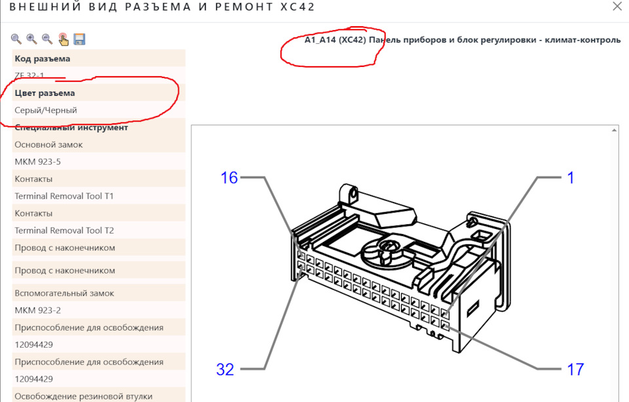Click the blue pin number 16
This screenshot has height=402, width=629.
click(229, 178)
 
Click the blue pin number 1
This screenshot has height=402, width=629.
click(571, 178)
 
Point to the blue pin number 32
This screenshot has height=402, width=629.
click(225, 369)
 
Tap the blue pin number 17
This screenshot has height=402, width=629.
click(575, 369)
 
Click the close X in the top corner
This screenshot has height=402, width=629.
click(617, 7)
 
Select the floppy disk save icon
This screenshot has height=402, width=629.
click(79, 39)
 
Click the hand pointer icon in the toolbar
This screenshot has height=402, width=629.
click(64, 39)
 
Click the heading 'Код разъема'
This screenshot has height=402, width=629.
click(43, 58)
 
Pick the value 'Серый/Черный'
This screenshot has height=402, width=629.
click(46, 110)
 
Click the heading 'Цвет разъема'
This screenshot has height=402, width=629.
click(45, 93)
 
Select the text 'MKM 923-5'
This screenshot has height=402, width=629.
click(38, 162)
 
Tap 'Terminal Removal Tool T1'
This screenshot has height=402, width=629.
click(64, 196)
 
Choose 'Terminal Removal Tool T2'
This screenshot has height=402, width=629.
click(64, 231)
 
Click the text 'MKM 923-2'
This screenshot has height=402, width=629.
click(38, 310)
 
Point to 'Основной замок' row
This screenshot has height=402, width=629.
click(48, 144)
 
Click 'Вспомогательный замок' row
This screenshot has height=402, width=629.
click(64, 293)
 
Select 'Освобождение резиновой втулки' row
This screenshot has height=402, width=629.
click(83, 396)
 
